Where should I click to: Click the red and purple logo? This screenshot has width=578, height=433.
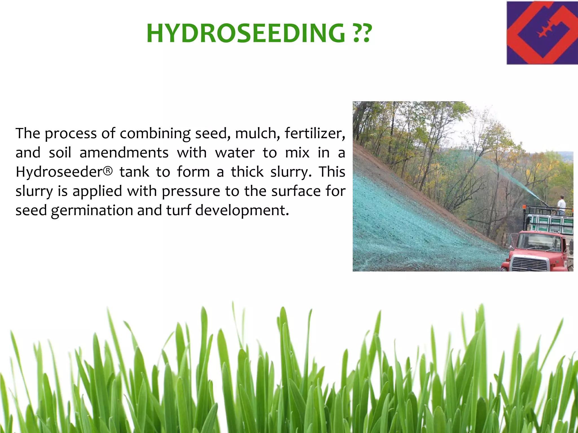542,33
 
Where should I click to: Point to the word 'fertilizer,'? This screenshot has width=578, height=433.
315,133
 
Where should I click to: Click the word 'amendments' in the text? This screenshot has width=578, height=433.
124,153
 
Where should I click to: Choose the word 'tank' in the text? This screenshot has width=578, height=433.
134,172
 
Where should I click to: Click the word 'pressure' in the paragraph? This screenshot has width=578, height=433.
191,191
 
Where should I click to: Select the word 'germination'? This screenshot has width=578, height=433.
92,211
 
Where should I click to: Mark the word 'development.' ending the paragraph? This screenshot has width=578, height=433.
242,211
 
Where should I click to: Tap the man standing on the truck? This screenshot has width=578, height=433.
561,205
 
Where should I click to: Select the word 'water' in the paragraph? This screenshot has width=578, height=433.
235,153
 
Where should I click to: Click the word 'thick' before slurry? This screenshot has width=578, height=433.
247,172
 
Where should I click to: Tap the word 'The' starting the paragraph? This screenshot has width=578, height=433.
28,133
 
